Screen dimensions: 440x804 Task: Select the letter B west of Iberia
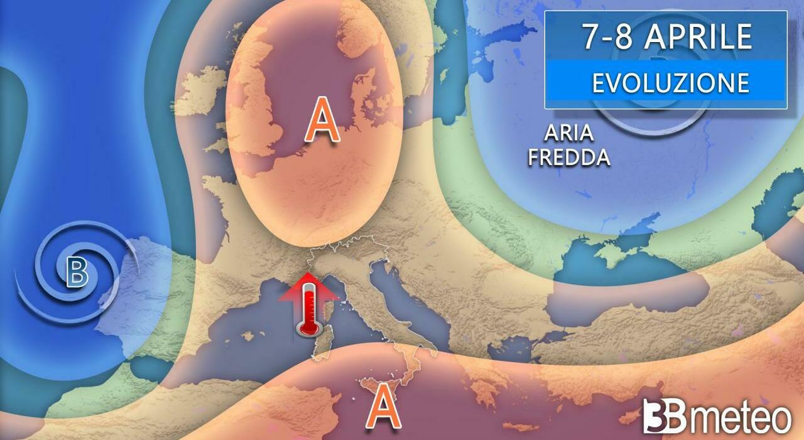[77, 272]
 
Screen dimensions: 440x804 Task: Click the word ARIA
[569, 134]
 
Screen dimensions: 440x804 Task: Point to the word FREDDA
[569, 157]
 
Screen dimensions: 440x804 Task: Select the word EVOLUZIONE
[670, 83]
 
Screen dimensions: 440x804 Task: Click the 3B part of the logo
[665, 416]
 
